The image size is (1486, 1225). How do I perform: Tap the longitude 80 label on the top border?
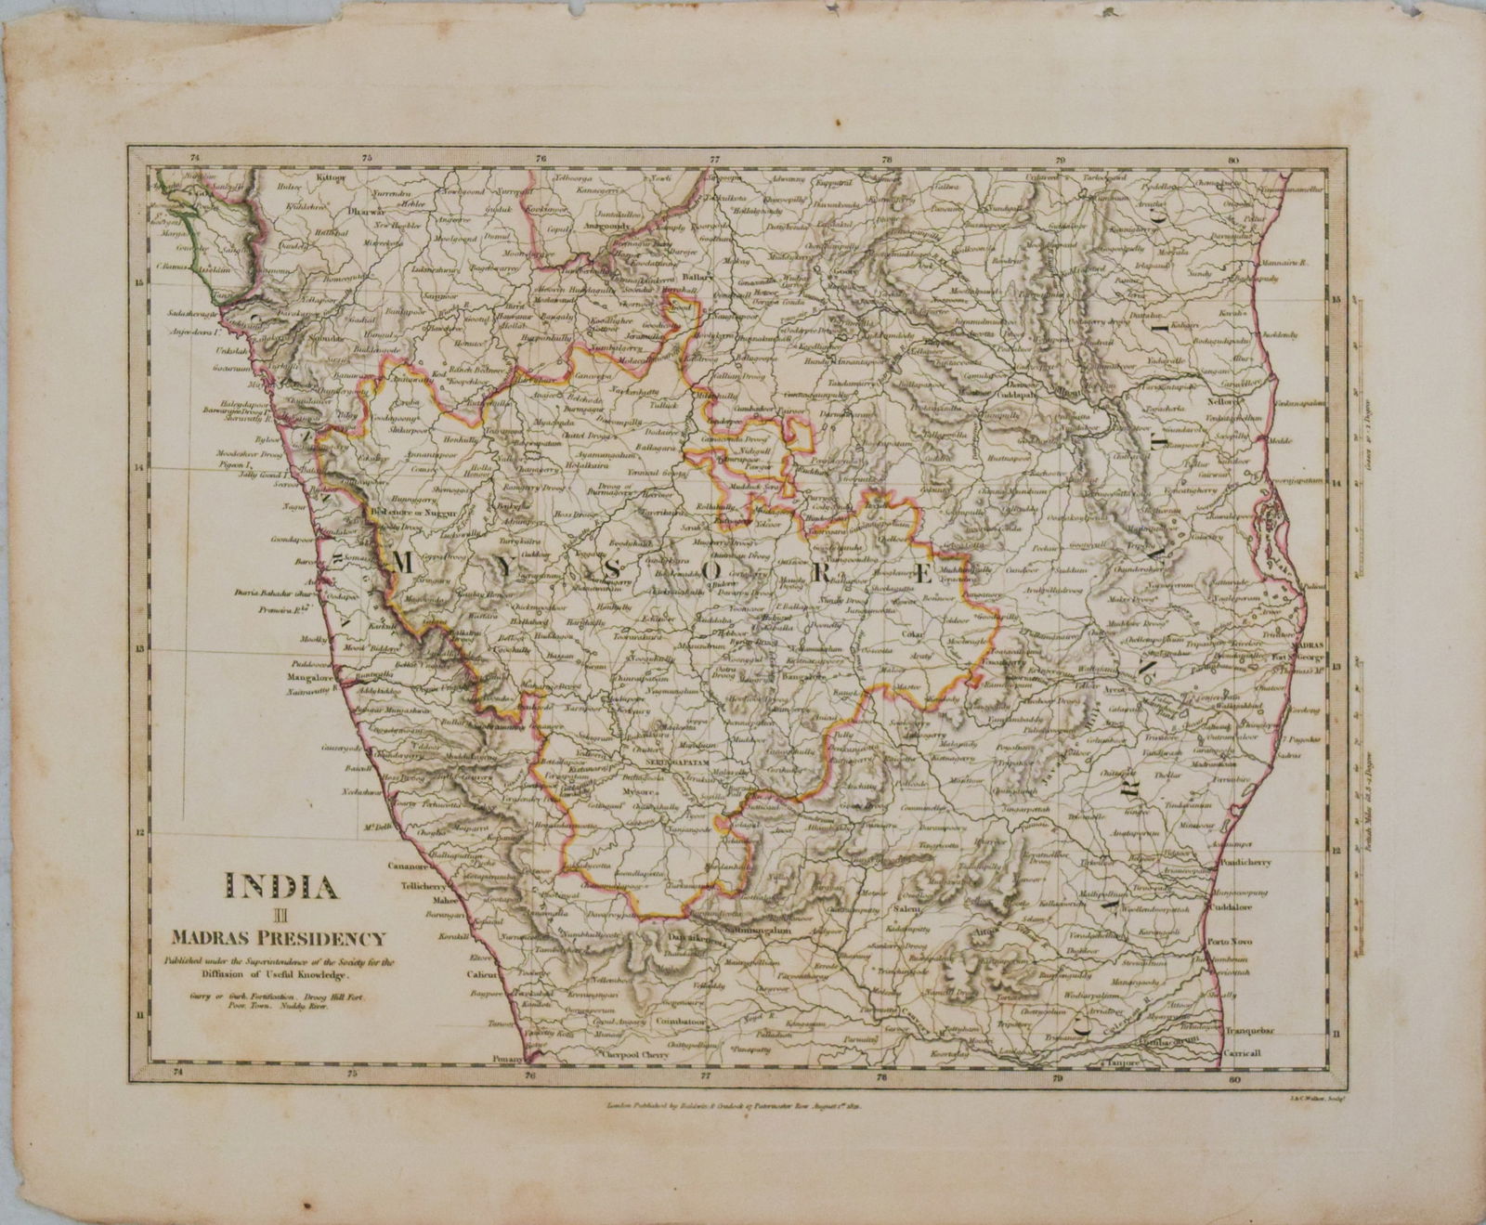tap(1232, 159)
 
